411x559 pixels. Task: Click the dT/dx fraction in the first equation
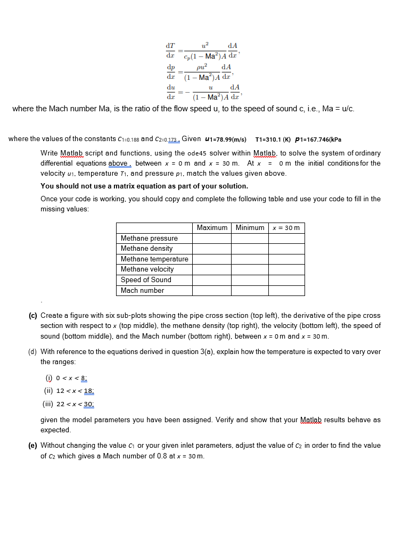170,51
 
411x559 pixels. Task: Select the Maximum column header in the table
212,228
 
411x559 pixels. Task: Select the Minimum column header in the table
250,228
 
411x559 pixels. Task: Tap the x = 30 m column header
286,228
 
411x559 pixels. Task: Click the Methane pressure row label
149,238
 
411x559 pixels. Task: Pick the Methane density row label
146,249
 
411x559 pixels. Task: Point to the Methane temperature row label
154,259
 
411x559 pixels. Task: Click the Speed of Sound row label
146,279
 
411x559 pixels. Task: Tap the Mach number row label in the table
142,290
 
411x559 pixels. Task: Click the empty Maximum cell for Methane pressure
212,238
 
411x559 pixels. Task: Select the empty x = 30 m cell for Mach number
286,290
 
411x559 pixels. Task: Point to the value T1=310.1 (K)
272,139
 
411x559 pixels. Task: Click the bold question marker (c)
32,315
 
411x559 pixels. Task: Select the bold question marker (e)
32,445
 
